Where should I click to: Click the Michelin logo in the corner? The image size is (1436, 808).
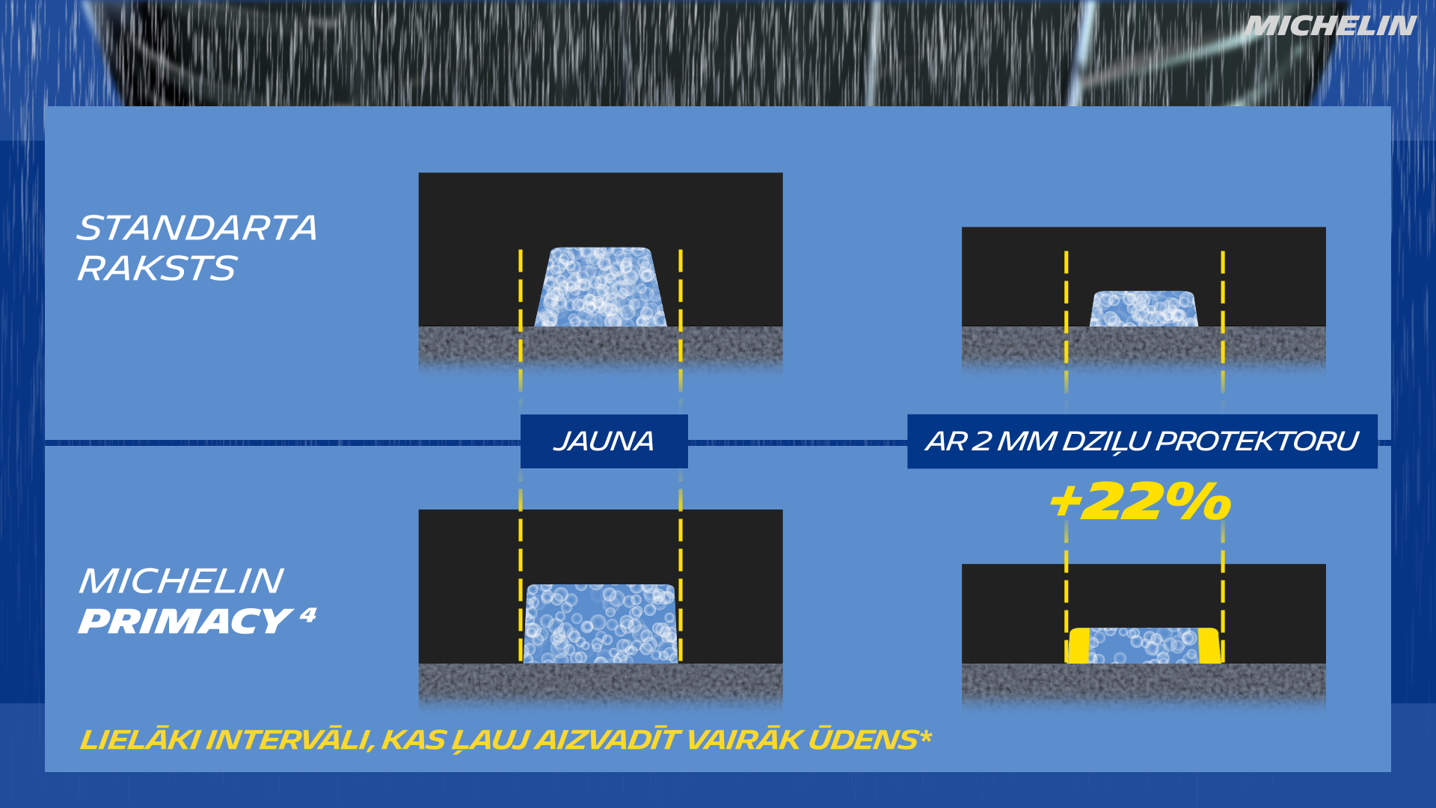pos(1330,26)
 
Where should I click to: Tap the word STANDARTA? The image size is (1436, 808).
pos(197,228)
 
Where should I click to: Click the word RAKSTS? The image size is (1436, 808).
pos(157,269)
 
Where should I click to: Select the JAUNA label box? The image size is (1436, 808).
pos(604,441)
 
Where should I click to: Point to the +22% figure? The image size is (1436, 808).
pos(1139,501)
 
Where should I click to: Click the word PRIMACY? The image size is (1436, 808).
pos(185,622)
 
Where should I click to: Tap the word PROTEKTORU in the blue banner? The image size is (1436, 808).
pos(1256,441)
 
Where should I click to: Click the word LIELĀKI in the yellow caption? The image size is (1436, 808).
pos(139,740)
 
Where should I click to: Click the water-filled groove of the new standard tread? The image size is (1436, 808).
pos(601,287)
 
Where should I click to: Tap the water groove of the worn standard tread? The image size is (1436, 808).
pos(1144,309)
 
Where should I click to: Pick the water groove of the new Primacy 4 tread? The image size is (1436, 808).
pos(601,624)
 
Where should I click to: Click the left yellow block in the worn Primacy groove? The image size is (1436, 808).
pos(1078,646)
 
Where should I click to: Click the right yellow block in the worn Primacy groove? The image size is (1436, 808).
pos(1209,646)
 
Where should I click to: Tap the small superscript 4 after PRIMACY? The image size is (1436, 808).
pos(307,615)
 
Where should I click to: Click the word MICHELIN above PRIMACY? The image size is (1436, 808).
pos(181,581)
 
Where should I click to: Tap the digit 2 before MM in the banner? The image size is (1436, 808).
pos(981,441)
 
